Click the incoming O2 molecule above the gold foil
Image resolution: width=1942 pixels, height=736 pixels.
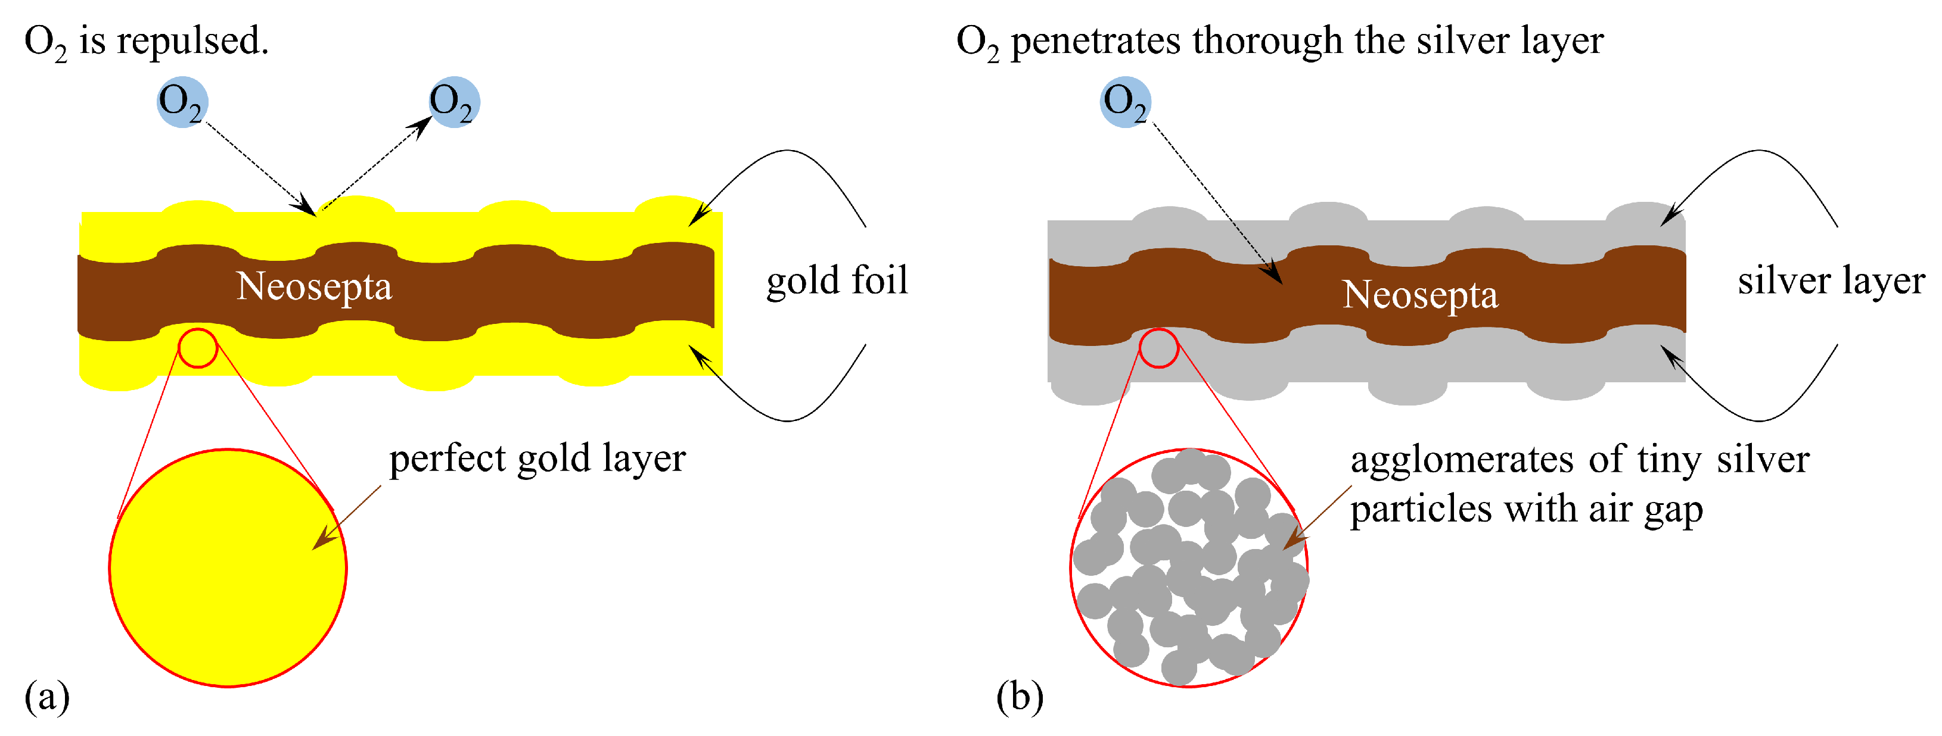tap(182, 102)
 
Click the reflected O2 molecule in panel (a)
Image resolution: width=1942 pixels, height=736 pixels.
tap(454, 102)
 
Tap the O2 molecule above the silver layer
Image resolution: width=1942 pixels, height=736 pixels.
tap(1125, 102)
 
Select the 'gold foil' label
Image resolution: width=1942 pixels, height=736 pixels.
tap(837, 280)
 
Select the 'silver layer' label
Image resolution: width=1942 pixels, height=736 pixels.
tap(1831, 280)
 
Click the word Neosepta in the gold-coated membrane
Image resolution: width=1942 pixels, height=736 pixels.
tap(315, 286)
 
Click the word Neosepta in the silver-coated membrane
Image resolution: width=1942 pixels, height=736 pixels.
tap(1421, 295)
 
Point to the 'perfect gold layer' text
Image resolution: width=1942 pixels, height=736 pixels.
tap(537, 458)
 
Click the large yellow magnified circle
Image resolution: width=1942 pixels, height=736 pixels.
tap(228, 568)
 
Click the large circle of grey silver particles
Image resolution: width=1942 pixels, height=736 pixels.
tap(1189, 568)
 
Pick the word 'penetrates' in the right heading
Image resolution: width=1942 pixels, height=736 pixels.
tap(1095, 42)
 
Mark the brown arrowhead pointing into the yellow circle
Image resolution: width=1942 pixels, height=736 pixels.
tap(324, 539)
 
